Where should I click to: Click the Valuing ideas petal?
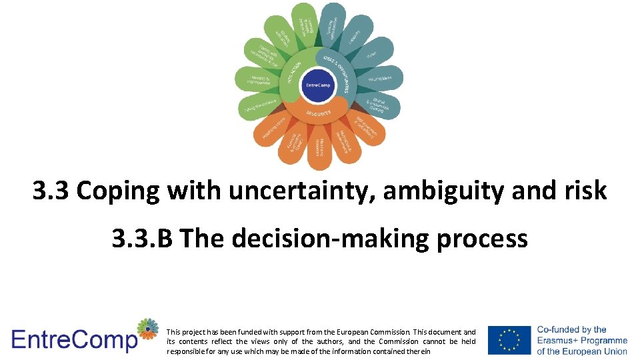tap(379, 79)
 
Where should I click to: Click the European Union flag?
tap(509, 340)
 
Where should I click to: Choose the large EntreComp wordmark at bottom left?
tap(73, 340)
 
